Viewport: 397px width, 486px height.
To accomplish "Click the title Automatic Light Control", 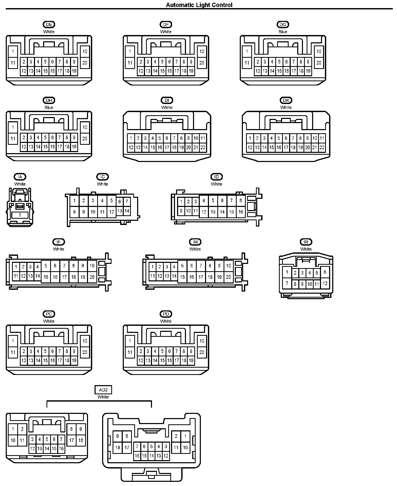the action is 199,5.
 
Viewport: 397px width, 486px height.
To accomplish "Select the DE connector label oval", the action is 49,25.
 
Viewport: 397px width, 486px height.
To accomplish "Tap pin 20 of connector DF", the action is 202,63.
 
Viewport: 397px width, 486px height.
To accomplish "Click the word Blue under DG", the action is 283,32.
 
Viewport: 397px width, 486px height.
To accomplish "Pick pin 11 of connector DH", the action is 13,138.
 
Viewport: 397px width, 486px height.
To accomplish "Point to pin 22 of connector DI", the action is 203,148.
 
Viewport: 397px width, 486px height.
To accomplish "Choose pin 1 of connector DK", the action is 250,138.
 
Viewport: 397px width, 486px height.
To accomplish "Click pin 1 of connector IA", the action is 20,215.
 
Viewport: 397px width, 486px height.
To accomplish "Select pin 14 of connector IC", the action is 127,211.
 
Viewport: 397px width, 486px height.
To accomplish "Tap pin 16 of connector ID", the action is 241,212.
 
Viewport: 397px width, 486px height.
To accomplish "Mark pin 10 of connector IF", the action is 92,266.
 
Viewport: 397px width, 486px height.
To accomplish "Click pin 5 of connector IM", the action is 182,266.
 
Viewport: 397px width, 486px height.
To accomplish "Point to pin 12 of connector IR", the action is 325,283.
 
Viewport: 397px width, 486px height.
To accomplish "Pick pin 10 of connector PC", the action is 85,341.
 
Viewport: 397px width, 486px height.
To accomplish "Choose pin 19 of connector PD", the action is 191,361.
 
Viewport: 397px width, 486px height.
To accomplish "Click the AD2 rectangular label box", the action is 103,390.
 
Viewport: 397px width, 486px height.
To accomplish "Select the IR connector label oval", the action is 306,242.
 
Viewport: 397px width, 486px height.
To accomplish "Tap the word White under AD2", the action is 103,397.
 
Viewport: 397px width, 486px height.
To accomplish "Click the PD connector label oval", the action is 166,314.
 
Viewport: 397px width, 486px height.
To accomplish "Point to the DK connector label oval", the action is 286,100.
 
